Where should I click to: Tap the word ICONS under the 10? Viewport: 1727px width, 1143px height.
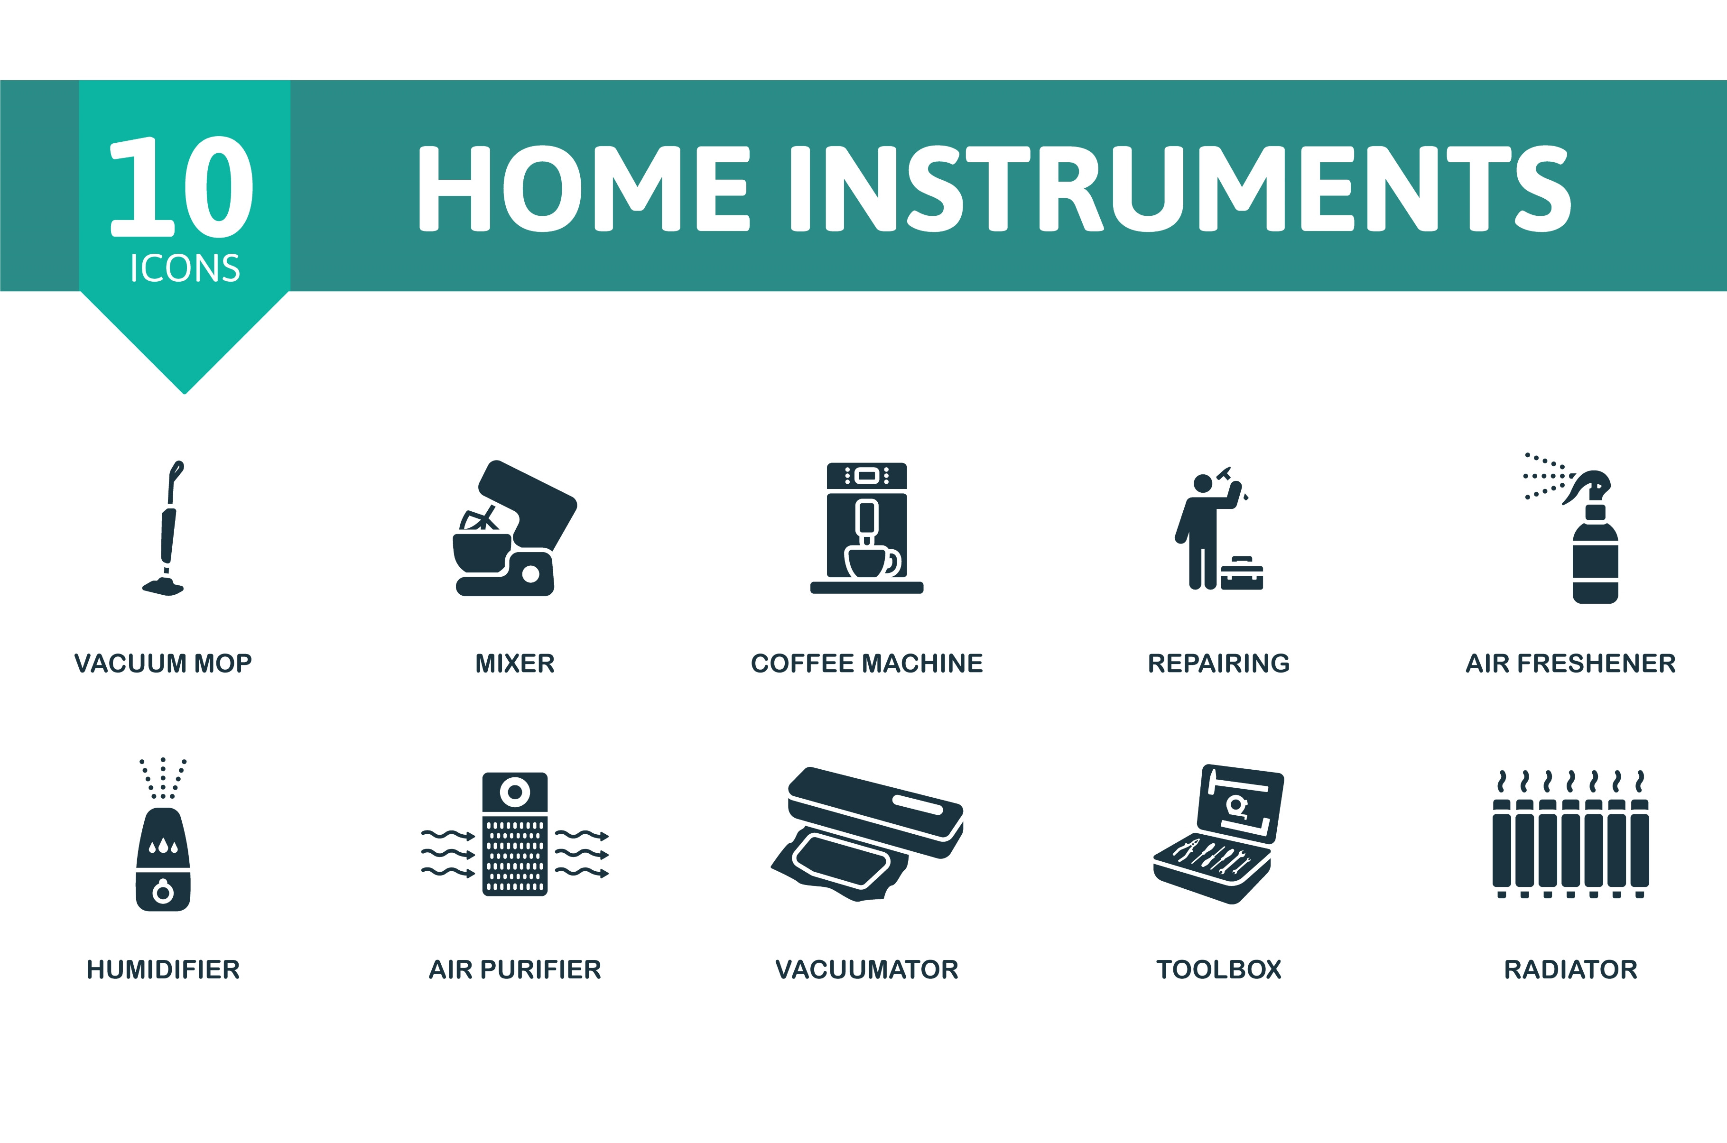(185, 268)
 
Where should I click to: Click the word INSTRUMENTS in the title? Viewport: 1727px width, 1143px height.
(1181, 188)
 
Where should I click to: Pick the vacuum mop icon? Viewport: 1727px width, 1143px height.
(164, 528)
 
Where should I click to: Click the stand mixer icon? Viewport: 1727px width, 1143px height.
(515, 528)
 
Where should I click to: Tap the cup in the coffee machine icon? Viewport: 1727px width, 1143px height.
(871, 561)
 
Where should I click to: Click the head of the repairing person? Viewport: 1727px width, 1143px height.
(1203, 482)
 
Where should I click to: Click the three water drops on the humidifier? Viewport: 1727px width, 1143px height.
(163, 846)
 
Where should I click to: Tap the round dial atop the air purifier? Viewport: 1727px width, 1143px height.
(515, 792)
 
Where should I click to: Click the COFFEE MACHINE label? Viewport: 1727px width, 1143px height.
(867, 664)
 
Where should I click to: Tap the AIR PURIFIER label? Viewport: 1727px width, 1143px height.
(515, 969)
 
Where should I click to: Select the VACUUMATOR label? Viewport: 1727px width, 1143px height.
(867, 969)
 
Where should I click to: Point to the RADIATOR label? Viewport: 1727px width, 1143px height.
(1571, 969)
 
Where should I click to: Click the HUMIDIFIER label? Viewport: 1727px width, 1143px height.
(163, 969)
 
